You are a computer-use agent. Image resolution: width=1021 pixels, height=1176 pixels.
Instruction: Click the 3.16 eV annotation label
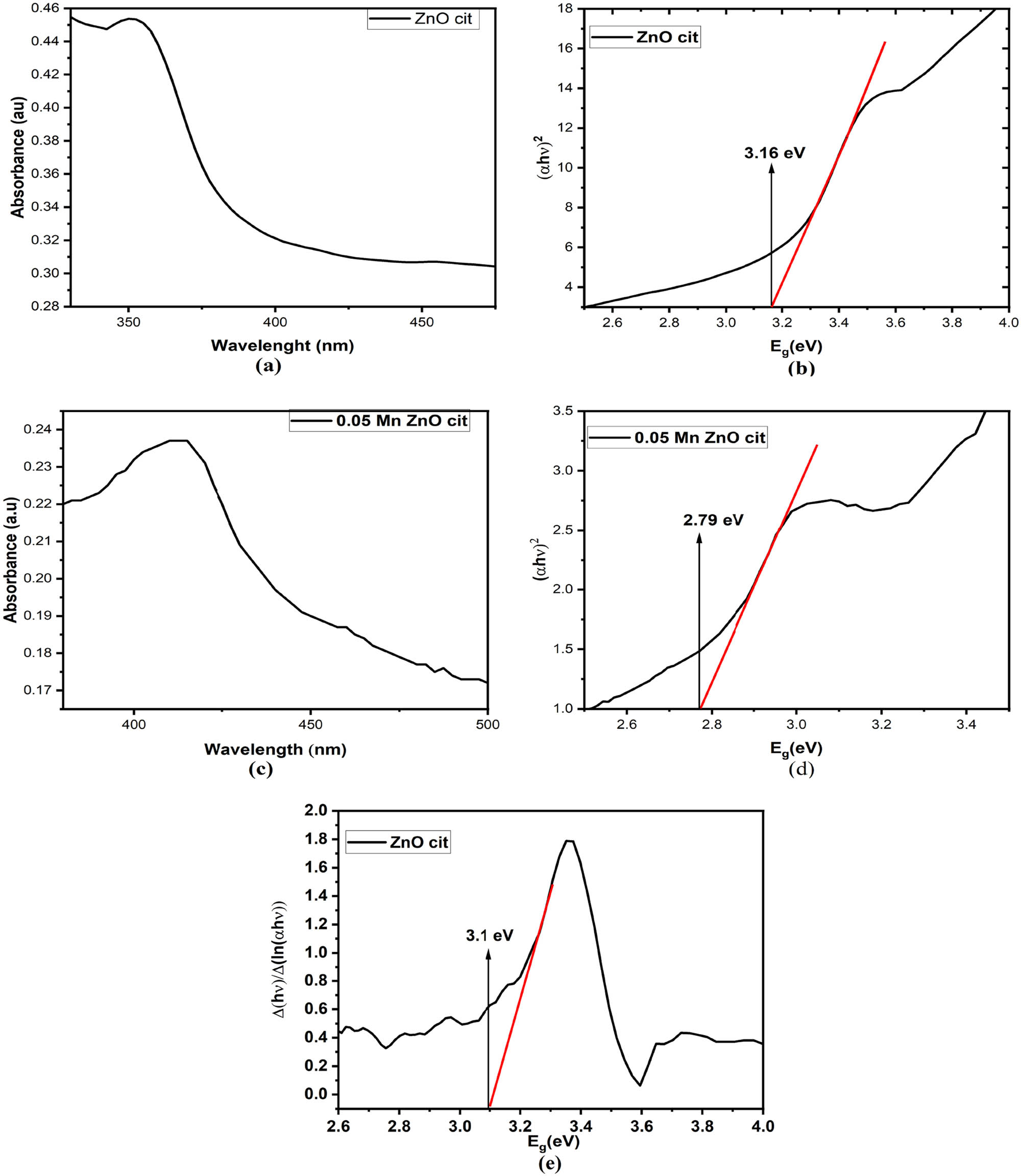point(774,153)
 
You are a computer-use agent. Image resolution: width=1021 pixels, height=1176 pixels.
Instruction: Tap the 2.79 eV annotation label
point(713,520)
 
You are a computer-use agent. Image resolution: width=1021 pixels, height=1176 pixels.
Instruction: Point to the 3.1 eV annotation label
point(490,935)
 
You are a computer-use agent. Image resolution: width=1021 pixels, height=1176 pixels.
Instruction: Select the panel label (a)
point(269,366)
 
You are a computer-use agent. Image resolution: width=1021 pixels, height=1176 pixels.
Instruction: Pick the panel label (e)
point(549,1163)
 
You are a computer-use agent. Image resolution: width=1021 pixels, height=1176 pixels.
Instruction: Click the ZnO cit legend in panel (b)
point(644,38)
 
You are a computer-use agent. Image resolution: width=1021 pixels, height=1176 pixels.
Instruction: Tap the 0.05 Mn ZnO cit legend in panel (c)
point(379,421)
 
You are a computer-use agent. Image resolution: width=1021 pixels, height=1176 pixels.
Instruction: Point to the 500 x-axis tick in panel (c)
point(487,725)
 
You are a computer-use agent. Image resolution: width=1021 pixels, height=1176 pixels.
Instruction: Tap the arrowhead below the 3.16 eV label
point(772,167)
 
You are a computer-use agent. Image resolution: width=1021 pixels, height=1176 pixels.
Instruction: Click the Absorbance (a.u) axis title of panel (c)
point(11,560)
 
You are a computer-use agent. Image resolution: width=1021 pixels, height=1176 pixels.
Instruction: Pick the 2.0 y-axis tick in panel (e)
point(317,810)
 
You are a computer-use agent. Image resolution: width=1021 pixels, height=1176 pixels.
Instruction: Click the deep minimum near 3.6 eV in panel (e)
point(640,1085)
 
